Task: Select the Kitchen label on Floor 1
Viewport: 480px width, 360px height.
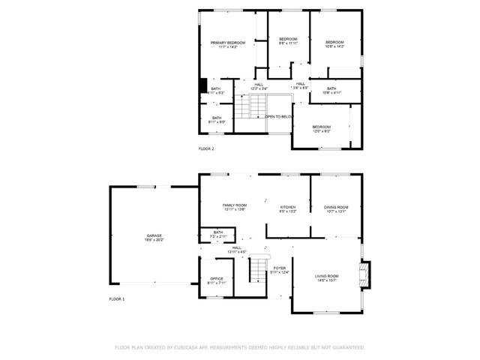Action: point(288,208)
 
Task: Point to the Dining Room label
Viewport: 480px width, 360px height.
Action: point(335,208)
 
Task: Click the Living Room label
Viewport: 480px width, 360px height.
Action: point(326,277)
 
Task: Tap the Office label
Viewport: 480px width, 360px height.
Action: point(216,280)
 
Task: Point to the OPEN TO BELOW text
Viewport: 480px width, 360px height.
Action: point(278,117)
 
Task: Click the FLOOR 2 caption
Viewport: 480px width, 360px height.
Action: point(206,149)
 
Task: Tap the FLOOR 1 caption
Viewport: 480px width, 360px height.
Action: point(117,299)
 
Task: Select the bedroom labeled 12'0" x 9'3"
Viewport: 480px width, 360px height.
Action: point(321,128)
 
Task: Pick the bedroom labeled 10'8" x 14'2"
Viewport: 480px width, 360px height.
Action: point(334,43)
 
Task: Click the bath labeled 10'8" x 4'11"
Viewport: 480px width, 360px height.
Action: point(331,90)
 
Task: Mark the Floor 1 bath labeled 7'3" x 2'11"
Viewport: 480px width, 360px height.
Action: point(217,234)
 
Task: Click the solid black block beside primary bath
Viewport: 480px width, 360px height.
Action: point(202,85)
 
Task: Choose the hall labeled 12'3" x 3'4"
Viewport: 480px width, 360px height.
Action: point(259,86)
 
